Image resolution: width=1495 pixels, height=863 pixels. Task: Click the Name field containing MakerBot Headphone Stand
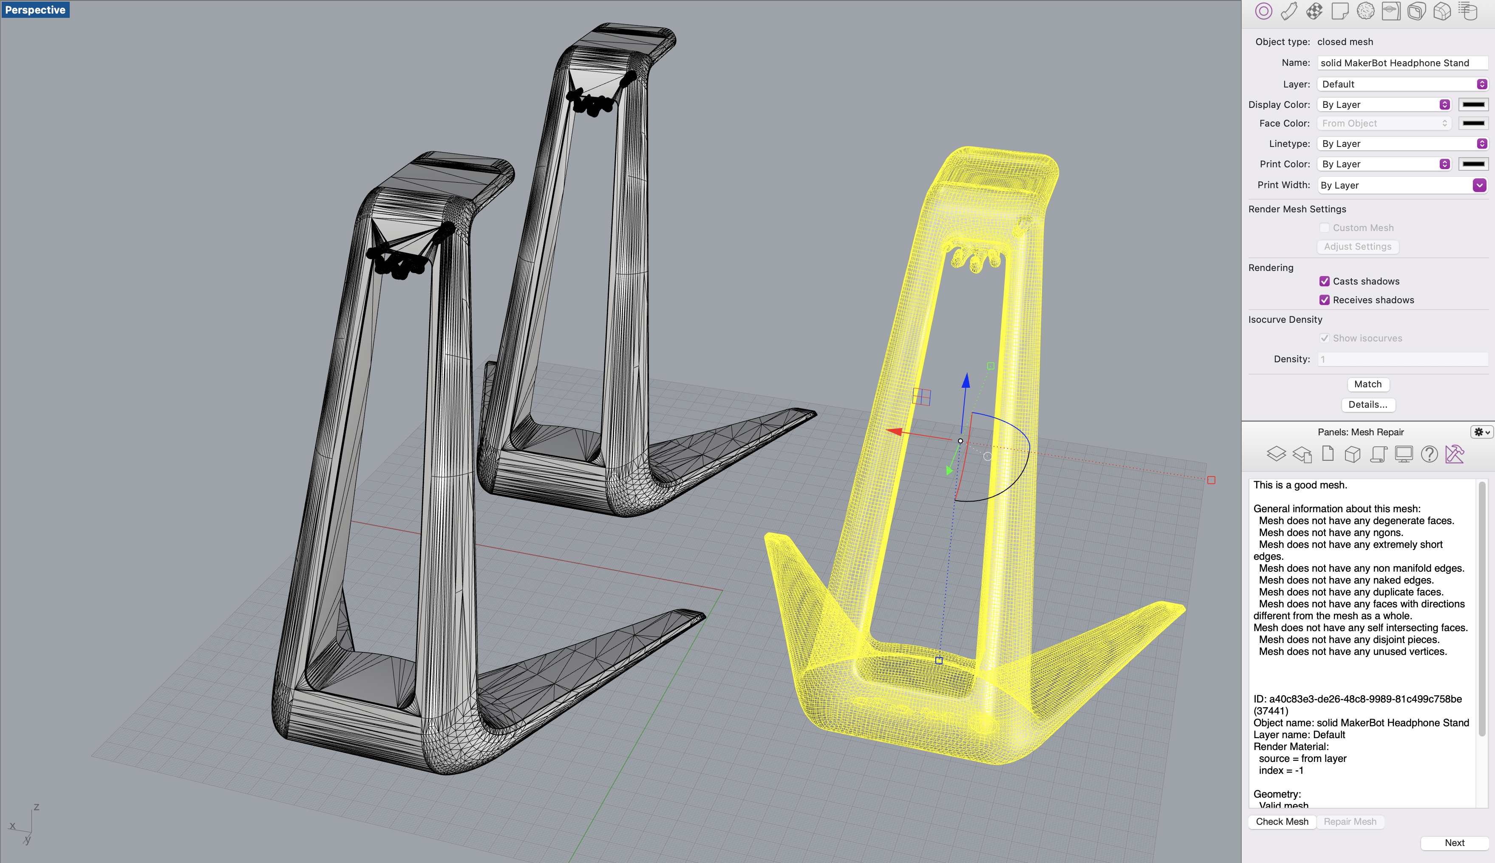click(x=1402, y=63)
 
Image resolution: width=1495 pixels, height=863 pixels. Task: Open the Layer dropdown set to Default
click(x=1402, y=84)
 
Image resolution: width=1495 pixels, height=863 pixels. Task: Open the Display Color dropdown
click(x=1384, y=104)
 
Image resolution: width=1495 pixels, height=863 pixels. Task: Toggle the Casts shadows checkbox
click(x=1324, y=281)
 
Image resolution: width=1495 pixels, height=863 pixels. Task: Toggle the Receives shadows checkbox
click(x=1324, y=300)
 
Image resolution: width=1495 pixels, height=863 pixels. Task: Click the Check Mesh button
click(x=1282, y=821)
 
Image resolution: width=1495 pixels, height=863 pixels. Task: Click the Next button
click(x=1454, y=843)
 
